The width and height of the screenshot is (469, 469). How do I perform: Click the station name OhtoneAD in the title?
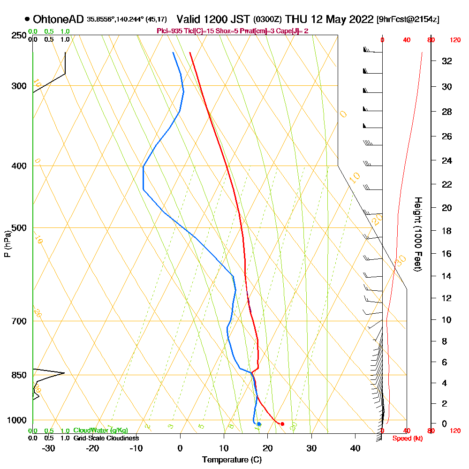(x=58, y=19)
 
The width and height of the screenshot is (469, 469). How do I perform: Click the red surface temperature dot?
(x=282, y=424)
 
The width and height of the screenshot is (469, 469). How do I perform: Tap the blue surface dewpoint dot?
(x=259, y=424)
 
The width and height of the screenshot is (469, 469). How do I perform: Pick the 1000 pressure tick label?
(x=17, y=420)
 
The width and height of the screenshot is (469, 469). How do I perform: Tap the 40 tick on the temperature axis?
(x=355, y=448)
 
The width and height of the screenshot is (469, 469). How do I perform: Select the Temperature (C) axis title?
(x=232, y=460)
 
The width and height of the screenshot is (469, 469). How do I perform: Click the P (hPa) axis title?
(x=7, y=243)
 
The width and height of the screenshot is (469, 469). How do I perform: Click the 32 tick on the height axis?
(x=447, y=61)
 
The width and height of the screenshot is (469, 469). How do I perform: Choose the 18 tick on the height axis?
(x=447, y=231)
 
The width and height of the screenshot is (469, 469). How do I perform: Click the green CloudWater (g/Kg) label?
(x=100, y=431)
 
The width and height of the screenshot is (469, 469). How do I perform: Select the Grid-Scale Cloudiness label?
(x=106, y=438)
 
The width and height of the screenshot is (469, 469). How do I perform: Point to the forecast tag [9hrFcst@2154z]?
(x=408, y=20)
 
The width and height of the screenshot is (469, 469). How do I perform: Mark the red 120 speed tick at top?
(x=454, y=40)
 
